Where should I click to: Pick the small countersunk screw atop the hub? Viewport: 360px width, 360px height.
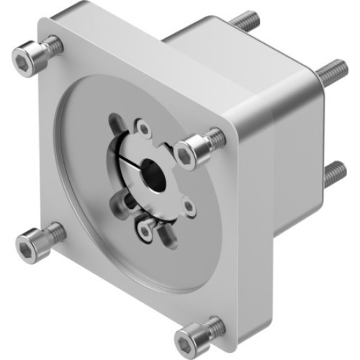pos(144,130)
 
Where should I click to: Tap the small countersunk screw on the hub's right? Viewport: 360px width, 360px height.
pos(188,207)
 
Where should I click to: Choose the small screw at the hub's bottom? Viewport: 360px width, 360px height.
pos(145,230)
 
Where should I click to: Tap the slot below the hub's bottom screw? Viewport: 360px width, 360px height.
pos(166,233)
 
